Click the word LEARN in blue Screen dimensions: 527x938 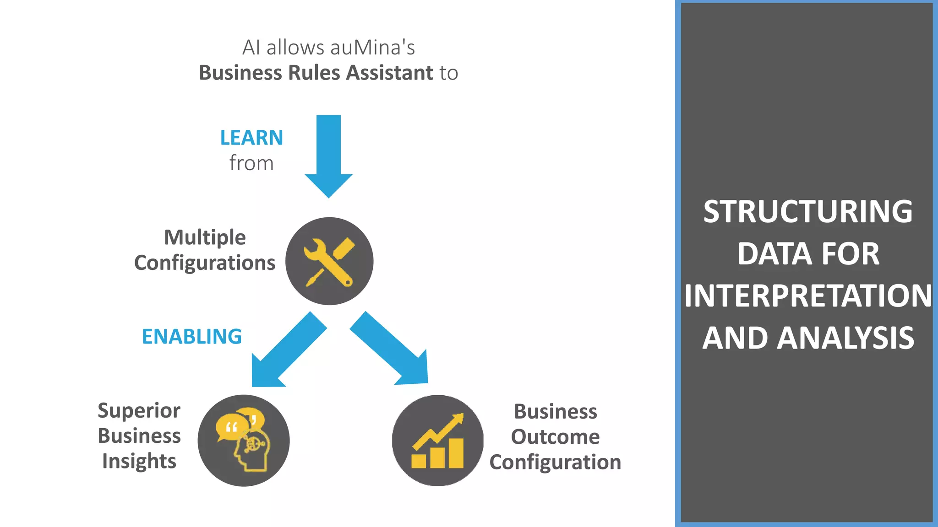251,138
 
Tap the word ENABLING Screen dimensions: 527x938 192,337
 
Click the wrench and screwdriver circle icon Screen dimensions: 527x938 329,261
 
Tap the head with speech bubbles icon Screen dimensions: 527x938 244,441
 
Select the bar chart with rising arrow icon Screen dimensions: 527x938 437,441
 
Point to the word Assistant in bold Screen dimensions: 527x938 389,73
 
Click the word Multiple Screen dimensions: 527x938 205,237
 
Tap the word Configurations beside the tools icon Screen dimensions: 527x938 205,263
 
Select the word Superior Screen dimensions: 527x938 139,410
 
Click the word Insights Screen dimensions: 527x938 139,461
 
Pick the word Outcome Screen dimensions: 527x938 555,437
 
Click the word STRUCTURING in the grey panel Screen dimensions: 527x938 808,211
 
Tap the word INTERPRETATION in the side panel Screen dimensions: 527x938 808,296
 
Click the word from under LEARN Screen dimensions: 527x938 251,163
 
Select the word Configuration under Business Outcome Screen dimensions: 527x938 555,462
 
